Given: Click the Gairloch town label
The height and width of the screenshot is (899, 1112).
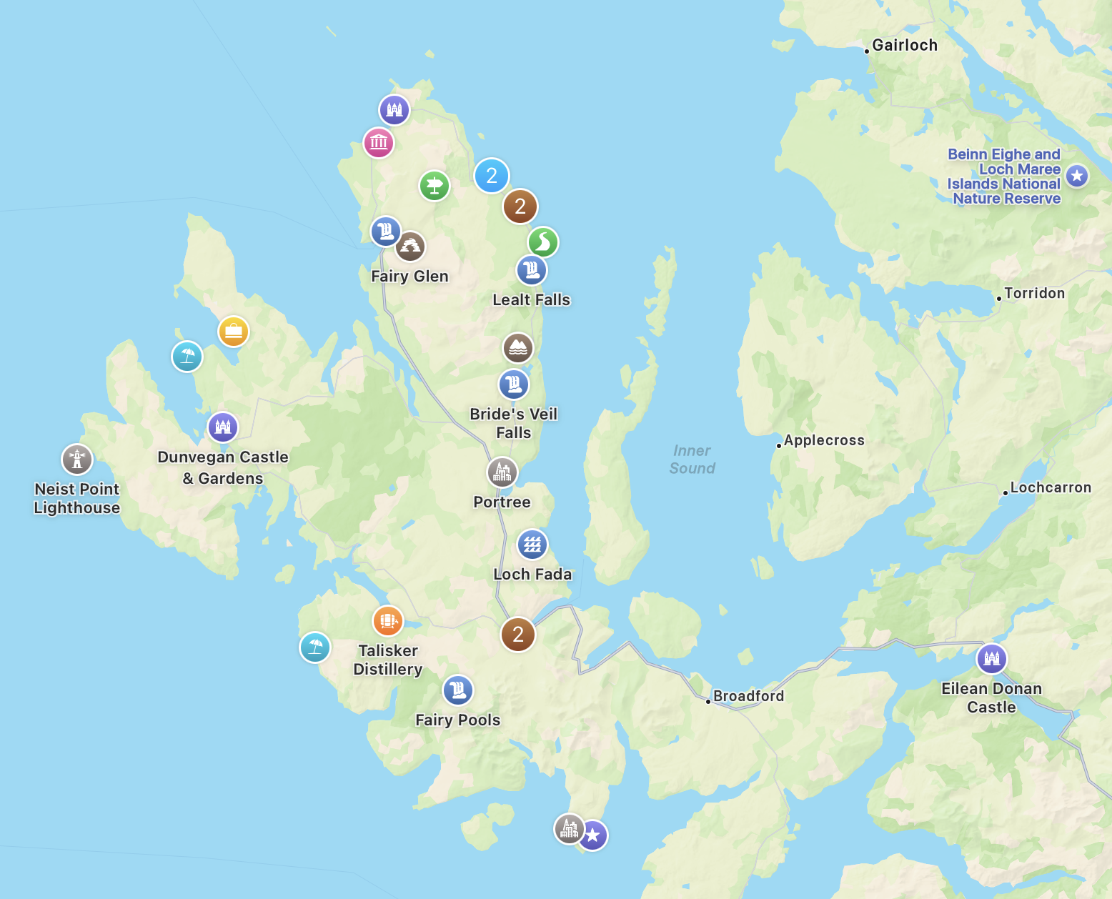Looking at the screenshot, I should pyautogui.click(x=904, y=45).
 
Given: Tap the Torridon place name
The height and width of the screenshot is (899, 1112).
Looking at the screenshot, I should pyautogui.click(x=1034, y=293).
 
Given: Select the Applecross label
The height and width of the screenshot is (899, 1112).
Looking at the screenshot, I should pyautogui.click(x=823, y=440).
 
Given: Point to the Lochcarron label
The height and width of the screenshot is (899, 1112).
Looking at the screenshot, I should pyautogui.click(x=1050, y=487).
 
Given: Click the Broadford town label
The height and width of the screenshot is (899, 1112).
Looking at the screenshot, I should pyautogui.click(x=748, y=696).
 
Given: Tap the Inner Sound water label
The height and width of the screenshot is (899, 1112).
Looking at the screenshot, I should pyautogui.click(x=692, y=460).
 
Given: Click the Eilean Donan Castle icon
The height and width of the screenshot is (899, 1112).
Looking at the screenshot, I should pyautogui.click(x=991, y=658).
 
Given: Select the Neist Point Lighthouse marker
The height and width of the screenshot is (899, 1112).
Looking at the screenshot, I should pyautogui.click(x=77, y=460).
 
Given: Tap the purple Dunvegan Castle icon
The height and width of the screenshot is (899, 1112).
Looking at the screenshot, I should pyautogui.click(x=223, y=427).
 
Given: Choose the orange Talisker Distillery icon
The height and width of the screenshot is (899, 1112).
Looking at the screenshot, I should pyautogui.click(x=388, y=621).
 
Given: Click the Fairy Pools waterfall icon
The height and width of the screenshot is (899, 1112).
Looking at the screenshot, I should pyautogui.click(x=458, y=690).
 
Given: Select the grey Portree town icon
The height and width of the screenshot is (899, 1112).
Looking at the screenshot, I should pyautogui.click(x=502, y=472).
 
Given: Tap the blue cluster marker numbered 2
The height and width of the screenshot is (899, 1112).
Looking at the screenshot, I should pyautogui.click(x=492, y=175).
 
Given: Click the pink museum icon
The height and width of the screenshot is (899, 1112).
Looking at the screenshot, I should pyautogui.click(x=379, y=142).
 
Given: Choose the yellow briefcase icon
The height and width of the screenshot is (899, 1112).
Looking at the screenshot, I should pyautogui.click(x=234, y=332).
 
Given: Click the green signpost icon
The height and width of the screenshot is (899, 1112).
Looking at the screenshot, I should pyautogui.click(x=435, y=187).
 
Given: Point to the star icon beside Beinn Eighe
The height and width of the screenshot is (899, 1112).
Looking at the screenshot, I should pyautogui.click(x=1077, y=175).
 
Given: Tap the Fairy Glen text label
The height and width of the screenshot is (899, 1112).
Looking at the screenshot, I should pyautogui.click(x=409, y=277).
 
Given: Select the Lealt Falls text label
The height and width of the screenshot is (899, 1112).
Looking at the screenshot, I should pyautogui.click(x=531, y=300).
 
